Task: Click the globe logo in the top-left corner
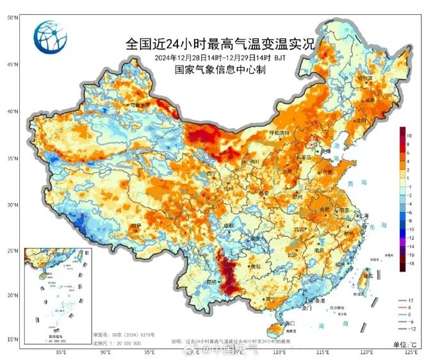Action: (x=50, y=38)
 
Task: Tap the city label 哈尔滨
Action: (x=364, y=78)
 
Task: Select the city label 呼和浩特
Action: (x=279, y=133)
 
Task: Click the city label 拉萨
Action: (x=136, y=225)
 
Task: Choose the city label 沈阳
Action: (x=363, y=120)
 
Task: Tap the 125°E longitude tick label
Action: (x=411, y=352)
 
